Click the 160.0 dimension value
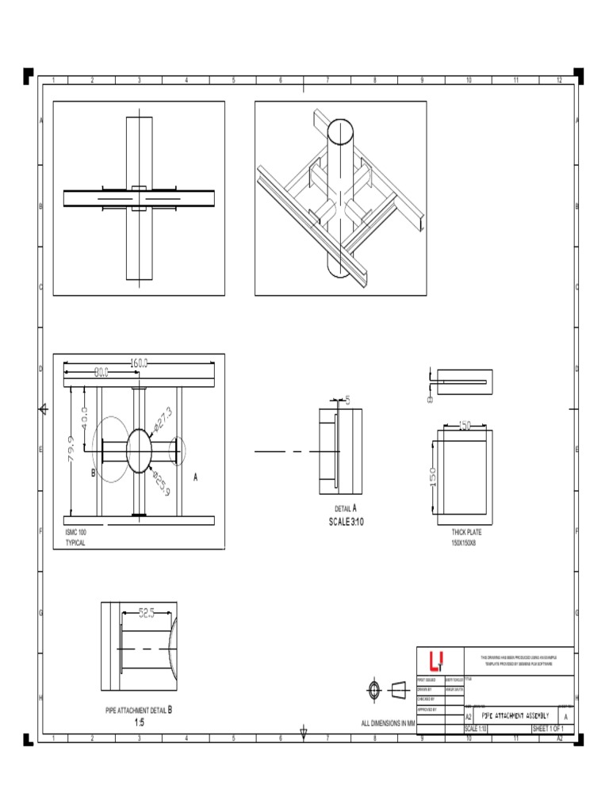point(139,362)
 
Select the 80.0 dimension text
point(101,371)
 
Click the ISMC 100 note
point(75,533)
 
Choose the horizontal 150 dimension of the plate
point(462,426)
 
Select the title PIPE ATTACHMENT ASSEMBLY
point(515,715)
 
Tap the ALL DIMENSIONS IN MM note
point(388,724)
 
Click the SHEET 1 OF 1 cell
point(547,728)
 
